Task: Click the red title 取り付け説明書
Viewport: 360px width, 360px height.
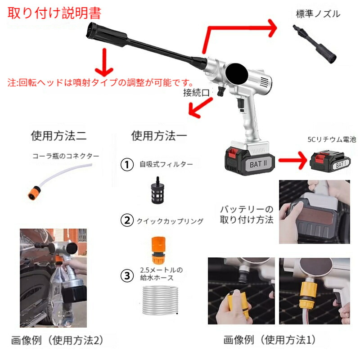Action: pyautogui.click(x=54, y=13)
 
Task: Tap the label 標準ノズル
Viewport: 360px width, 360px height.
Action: pyautogui.click(x=318, y=14)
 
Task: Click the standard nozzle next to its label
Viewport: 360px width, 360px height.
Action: pyautogui.click(x=315, y=44)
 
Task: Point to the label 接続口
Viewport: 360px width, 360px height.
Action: pyautogui.click(x=196, y=93)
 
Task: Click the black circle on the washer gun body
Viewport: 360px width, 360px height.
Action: pyautogui.click(x=237, y=74)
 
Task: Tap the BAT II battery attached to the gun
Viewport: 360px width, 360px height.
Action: pyautogui.click(x=250, y=161)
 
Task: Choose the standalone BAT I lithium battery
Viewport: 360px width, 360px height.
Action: pyautogui.click(x=330, y=161)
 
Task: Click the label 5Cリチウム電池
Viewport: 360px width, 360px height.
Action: pyautogui.click(x=332, y=139)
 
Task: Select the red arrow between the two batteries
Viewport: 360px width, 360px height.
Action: pyautogui.click(x=293, y=160)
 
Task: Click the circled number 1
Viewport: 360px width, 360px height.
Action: pyautogui.click(x=127, y=164)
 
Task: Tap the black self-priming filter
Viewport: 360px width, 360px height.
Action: pyautogui.click(x=158, y=190)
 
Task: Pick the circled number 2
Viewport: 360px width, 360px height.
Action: pyautogui.click(x=127, y=220)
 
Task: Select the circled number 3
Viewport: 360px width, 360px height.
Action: pyautogui.click(x=127, y=276)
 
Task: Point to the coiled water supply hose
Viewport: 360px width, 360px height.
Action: pyautogui.click(x=160, y=300)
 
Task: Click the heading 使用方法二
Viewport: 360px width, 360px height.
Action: pyautogui.click(x=59, y=135)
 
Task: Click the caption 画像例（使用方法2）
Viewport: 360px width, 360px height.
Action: pyautogui.click(x=58, y=340)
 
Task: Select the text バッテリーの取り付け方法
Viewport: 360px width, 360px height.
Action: pyautogui.click(x=247, y=215)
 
